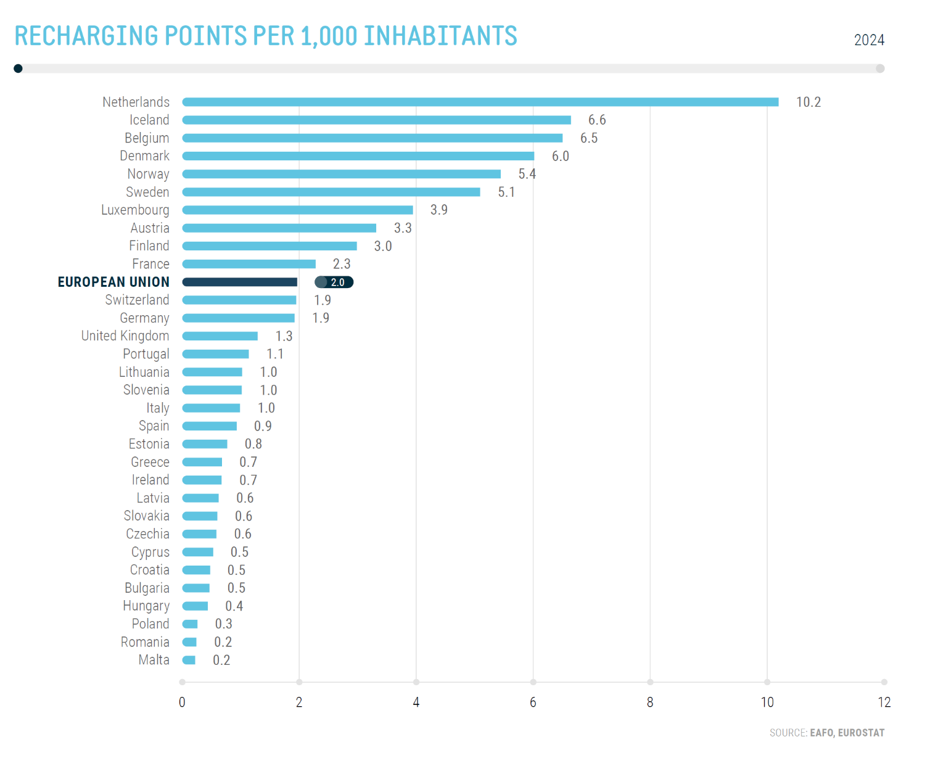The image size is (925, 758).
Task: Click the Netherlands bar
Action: tap(480, 102)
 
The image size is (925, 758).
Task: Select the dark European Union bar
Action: tap(240, 282)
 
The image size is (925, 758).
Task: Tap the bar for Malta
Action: tap(189, 660)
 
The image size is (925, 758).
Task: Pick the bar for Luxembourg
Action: tap(298, 210)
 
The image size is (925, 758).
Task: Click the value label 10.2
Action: tap(808, 102)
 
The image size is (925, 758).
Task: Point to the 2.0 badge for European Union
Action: tap(334, 282)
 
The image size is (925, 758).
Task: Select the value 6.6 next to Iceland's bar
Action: tap(597, 120)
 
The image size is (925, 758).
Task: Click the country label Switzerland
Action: tap(137, 300)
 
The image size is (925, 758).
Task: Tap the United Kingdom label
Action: tap(125, 336)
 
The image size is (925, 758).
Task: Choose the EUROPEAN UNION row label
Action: tap(113, 282)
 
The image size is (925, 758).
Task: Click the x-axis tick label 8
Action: tap(650, 702)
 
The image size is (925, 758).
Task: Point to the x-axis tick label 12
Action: tap(884, 702)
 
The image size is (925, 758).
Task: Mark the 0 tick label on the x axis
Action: tap(182, 702)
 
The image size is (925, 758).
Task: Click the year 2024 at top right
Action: tap(869, 40)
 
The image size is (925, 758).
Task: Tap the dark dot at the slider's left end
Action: tap(18, 68)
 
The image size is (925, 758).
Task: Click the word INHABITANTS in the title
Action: tap(440, 36)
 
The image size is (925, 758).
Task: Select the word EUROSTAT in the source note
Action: tap(861, 733)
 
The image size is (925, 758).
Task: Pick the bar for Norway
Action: tap(342, 175)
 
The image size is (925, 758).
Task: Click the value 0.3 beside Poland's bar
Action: tap(224, 624)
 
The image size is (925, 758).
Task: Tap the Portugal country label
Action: tap(146, 354)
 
